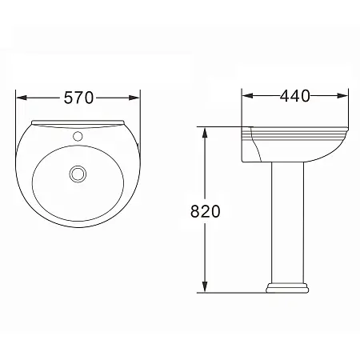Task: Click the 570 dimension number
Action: [78, 98]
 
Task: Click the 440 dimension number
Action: [295, 96]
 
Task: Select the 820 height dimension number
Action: [206, 211]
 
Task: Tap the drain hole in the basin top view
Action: [78, 174]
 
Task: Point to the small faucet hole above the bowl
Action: [78, 136]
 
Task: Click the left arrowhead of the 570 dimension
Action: [22, 98]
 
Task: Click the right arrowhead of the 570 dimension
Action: [134, 98]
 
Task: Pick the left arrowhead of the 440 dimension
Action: [247, 96]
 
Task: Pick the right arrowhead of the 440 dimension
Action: [342, 96]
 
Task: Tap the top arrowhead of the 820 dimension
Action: [205, 133]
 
